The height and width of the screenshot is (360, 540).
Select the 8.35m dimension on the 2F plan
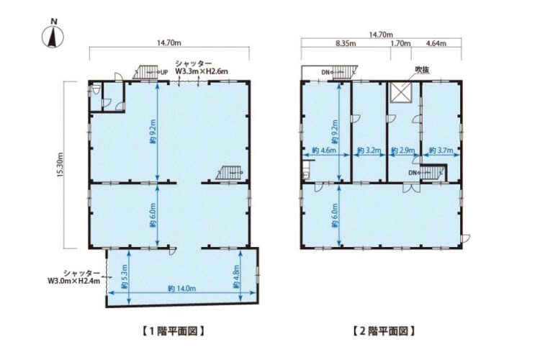point(346,43)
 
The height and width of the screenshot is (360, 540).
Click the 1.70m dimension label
point(400,43)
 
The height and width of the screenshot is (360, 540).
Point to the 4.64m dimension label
point(436,43)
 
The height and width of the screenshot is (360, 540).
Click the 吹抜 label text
point(421,70)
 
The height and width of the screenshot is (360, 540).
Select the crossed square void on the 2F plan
point(400,93)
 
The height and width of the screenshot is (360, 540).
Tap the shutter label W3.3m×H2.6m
point(202,68)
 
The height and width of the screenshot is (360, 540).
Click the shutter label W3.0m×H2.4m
point(74,277)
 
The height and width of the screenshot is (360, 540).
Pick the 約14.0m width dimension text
point(182,289)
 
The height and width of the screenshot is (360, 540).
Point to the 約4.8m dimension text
point(236,276)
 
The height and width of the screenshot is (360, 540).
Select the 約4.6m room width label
point(324,150)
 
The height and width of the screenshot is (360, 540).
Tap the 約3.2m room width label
point(369,150)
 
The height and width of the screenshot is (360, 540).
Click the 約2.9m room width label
point(403,150)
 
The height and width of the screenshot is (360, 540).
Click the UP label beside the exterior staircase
point(164,73)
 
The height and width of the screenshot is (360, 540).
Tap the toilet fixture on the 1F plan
point(96,90)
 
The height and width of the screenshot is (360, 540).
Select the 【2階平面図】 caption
point(384,331)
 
